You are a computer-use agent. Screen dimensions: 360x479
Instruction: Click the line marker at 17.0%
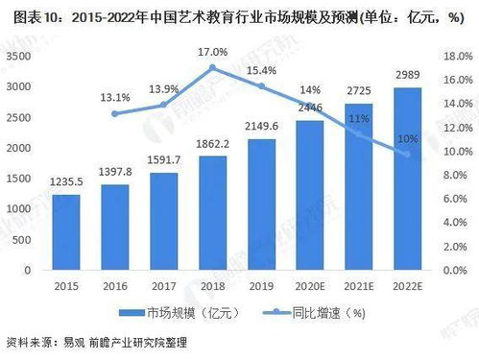(213, 68)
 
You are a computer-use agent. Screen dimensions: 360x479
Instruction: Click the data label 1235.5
(66, 182)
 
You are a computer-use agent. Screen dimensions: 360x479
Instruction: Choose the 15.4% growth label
(261, 70)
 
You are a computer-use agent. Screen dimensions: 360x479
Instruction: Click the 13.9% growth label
(164, 88)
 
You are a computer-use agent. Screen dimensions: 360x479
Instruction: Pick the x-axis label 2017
(164, 286)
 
